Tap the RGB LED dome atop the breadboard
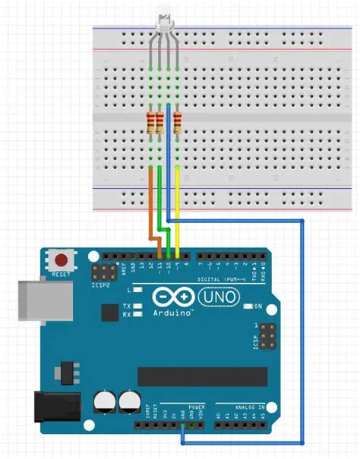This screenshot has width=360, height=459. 163,17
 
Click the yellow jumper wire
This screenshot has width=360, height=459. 178,205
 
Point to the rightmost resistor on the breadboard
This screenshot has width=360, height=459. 178,121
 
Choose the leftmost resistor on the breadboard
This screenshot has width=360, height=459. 150,121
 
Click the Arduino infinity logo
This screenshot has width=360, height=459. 172,297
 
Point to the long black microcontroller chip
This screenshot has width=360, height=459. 202,376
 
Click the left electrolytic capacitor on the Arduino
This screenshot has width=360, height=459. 104,402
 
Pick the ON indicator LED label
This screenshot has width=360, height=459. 257,307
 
